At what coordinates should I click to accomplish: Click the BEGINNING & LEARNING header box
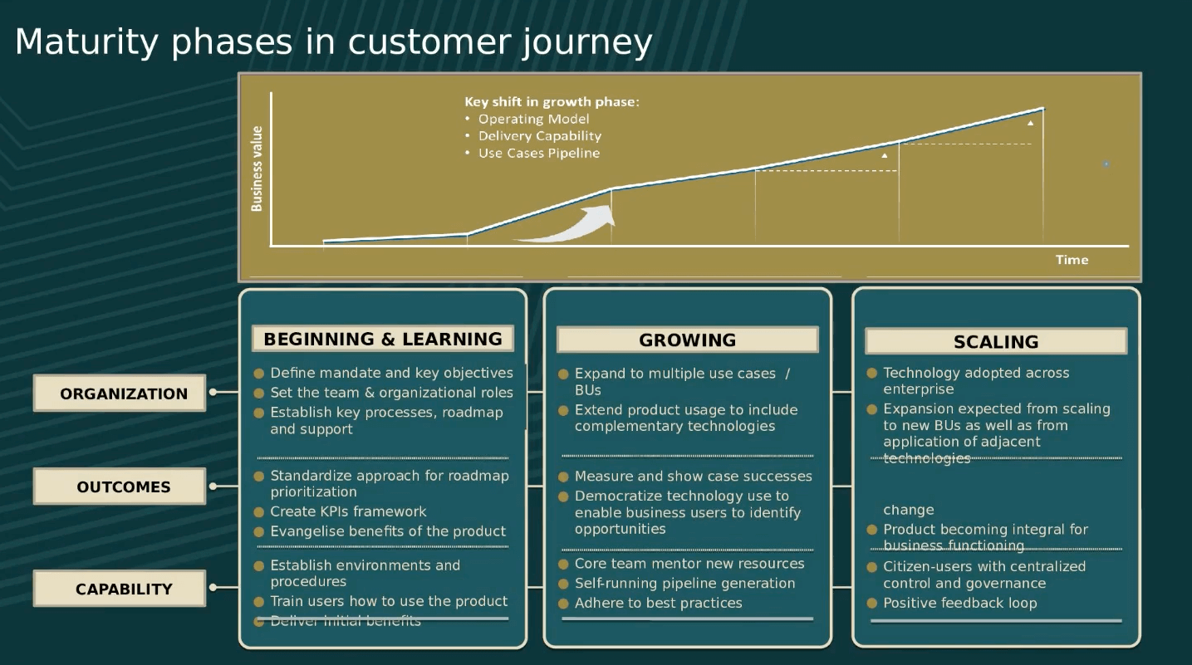click(x=383, y=339)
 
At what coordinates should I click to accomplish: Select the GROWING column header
click(x=687, y=340)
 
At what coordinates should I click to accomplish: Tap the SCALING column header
click(x=995, y=342)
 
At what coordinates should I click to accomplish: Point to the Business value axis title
click(x=257, y=169)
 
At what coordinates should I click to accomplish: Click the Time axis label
click(x=1072, y=260)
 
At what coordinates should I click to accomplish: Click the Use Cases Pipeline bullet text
click(x=538, y=154)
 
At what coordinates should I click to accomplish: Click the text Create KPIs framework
click(x=348, y=511)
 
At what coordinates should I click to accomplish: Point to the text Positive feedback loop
click(x=959, y=604)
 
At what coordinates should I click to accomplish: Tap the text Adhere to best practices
click(x=658, y=604)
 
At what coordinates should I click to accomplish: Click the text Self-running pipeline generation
click(x=684, y=584)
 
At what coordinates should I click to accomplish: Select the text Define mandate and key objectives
click(x=391, y=374)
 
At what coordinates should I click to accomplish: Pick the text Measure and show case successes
click(x=693, y=477)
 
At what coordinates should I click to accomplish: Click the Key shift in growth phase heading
click(x=552, y=102)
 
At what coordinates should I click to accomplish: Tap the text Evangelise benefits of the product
click(x=388, y=531)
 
